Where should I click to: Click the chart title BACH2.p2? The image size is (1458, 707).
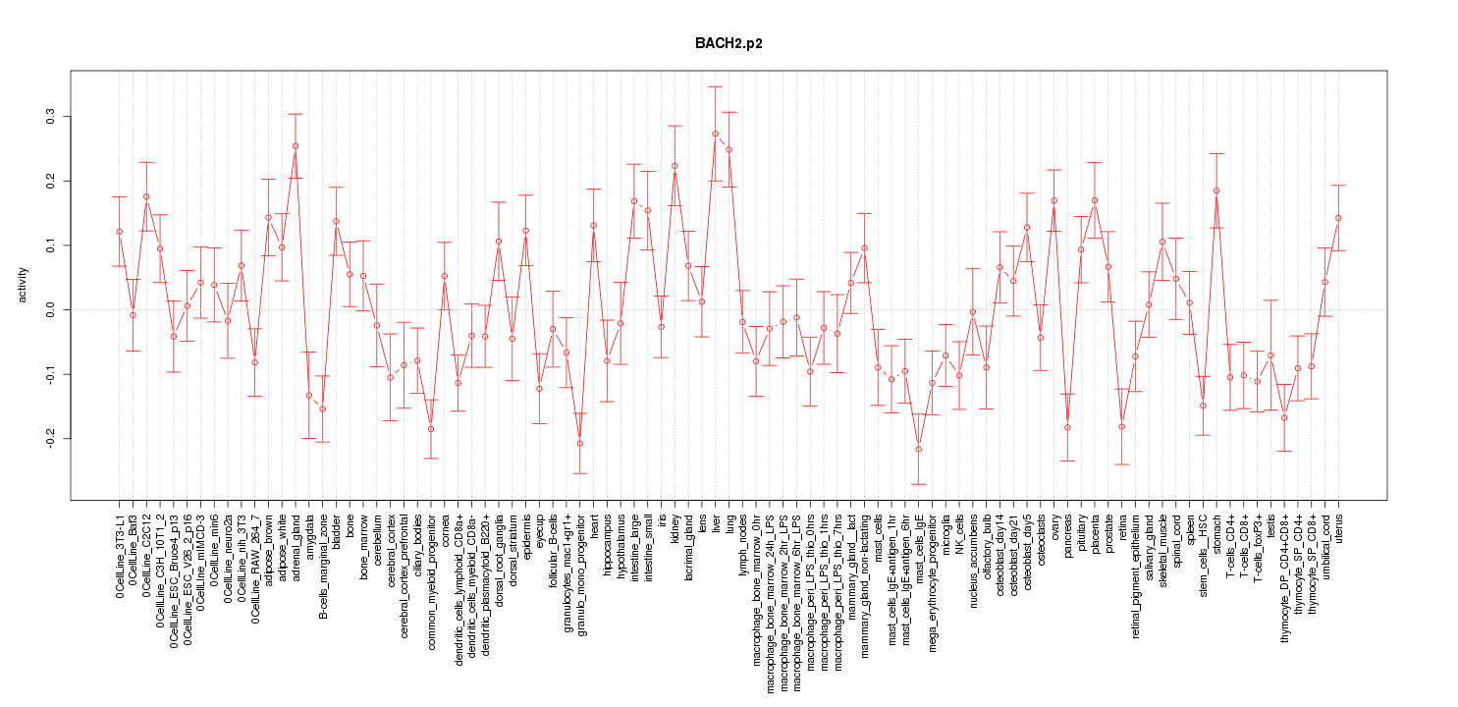click(729, 44)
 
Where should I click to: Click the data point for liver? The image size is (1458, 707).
click(716, 134)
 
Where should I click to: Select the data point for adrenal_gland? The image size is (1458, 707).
click(296, 146)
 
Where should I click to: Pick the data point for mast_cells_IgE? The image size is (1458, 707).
click(919, 449)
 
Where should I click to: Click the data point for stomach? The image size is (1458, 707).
click(1216, 190)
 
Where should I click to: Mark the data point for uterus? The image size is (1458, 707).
click(1338, 218)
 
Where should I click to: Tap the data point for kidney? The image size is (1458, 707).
click(675, 166)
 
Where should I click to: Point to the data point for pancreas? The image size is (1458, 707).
click(1067, 427)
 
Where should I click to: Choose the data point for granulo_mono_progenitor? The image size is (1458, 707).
click(580, 443)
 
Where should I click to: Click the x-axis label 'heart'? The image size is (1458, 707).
click(594, 526)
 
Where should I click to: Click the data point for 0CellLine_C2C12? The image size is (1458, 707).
click(146, 196)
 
